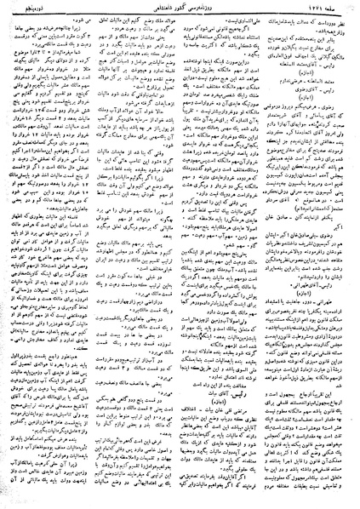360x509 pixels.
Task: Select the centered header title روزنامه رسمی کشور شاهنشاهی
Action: click(180, 7)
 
